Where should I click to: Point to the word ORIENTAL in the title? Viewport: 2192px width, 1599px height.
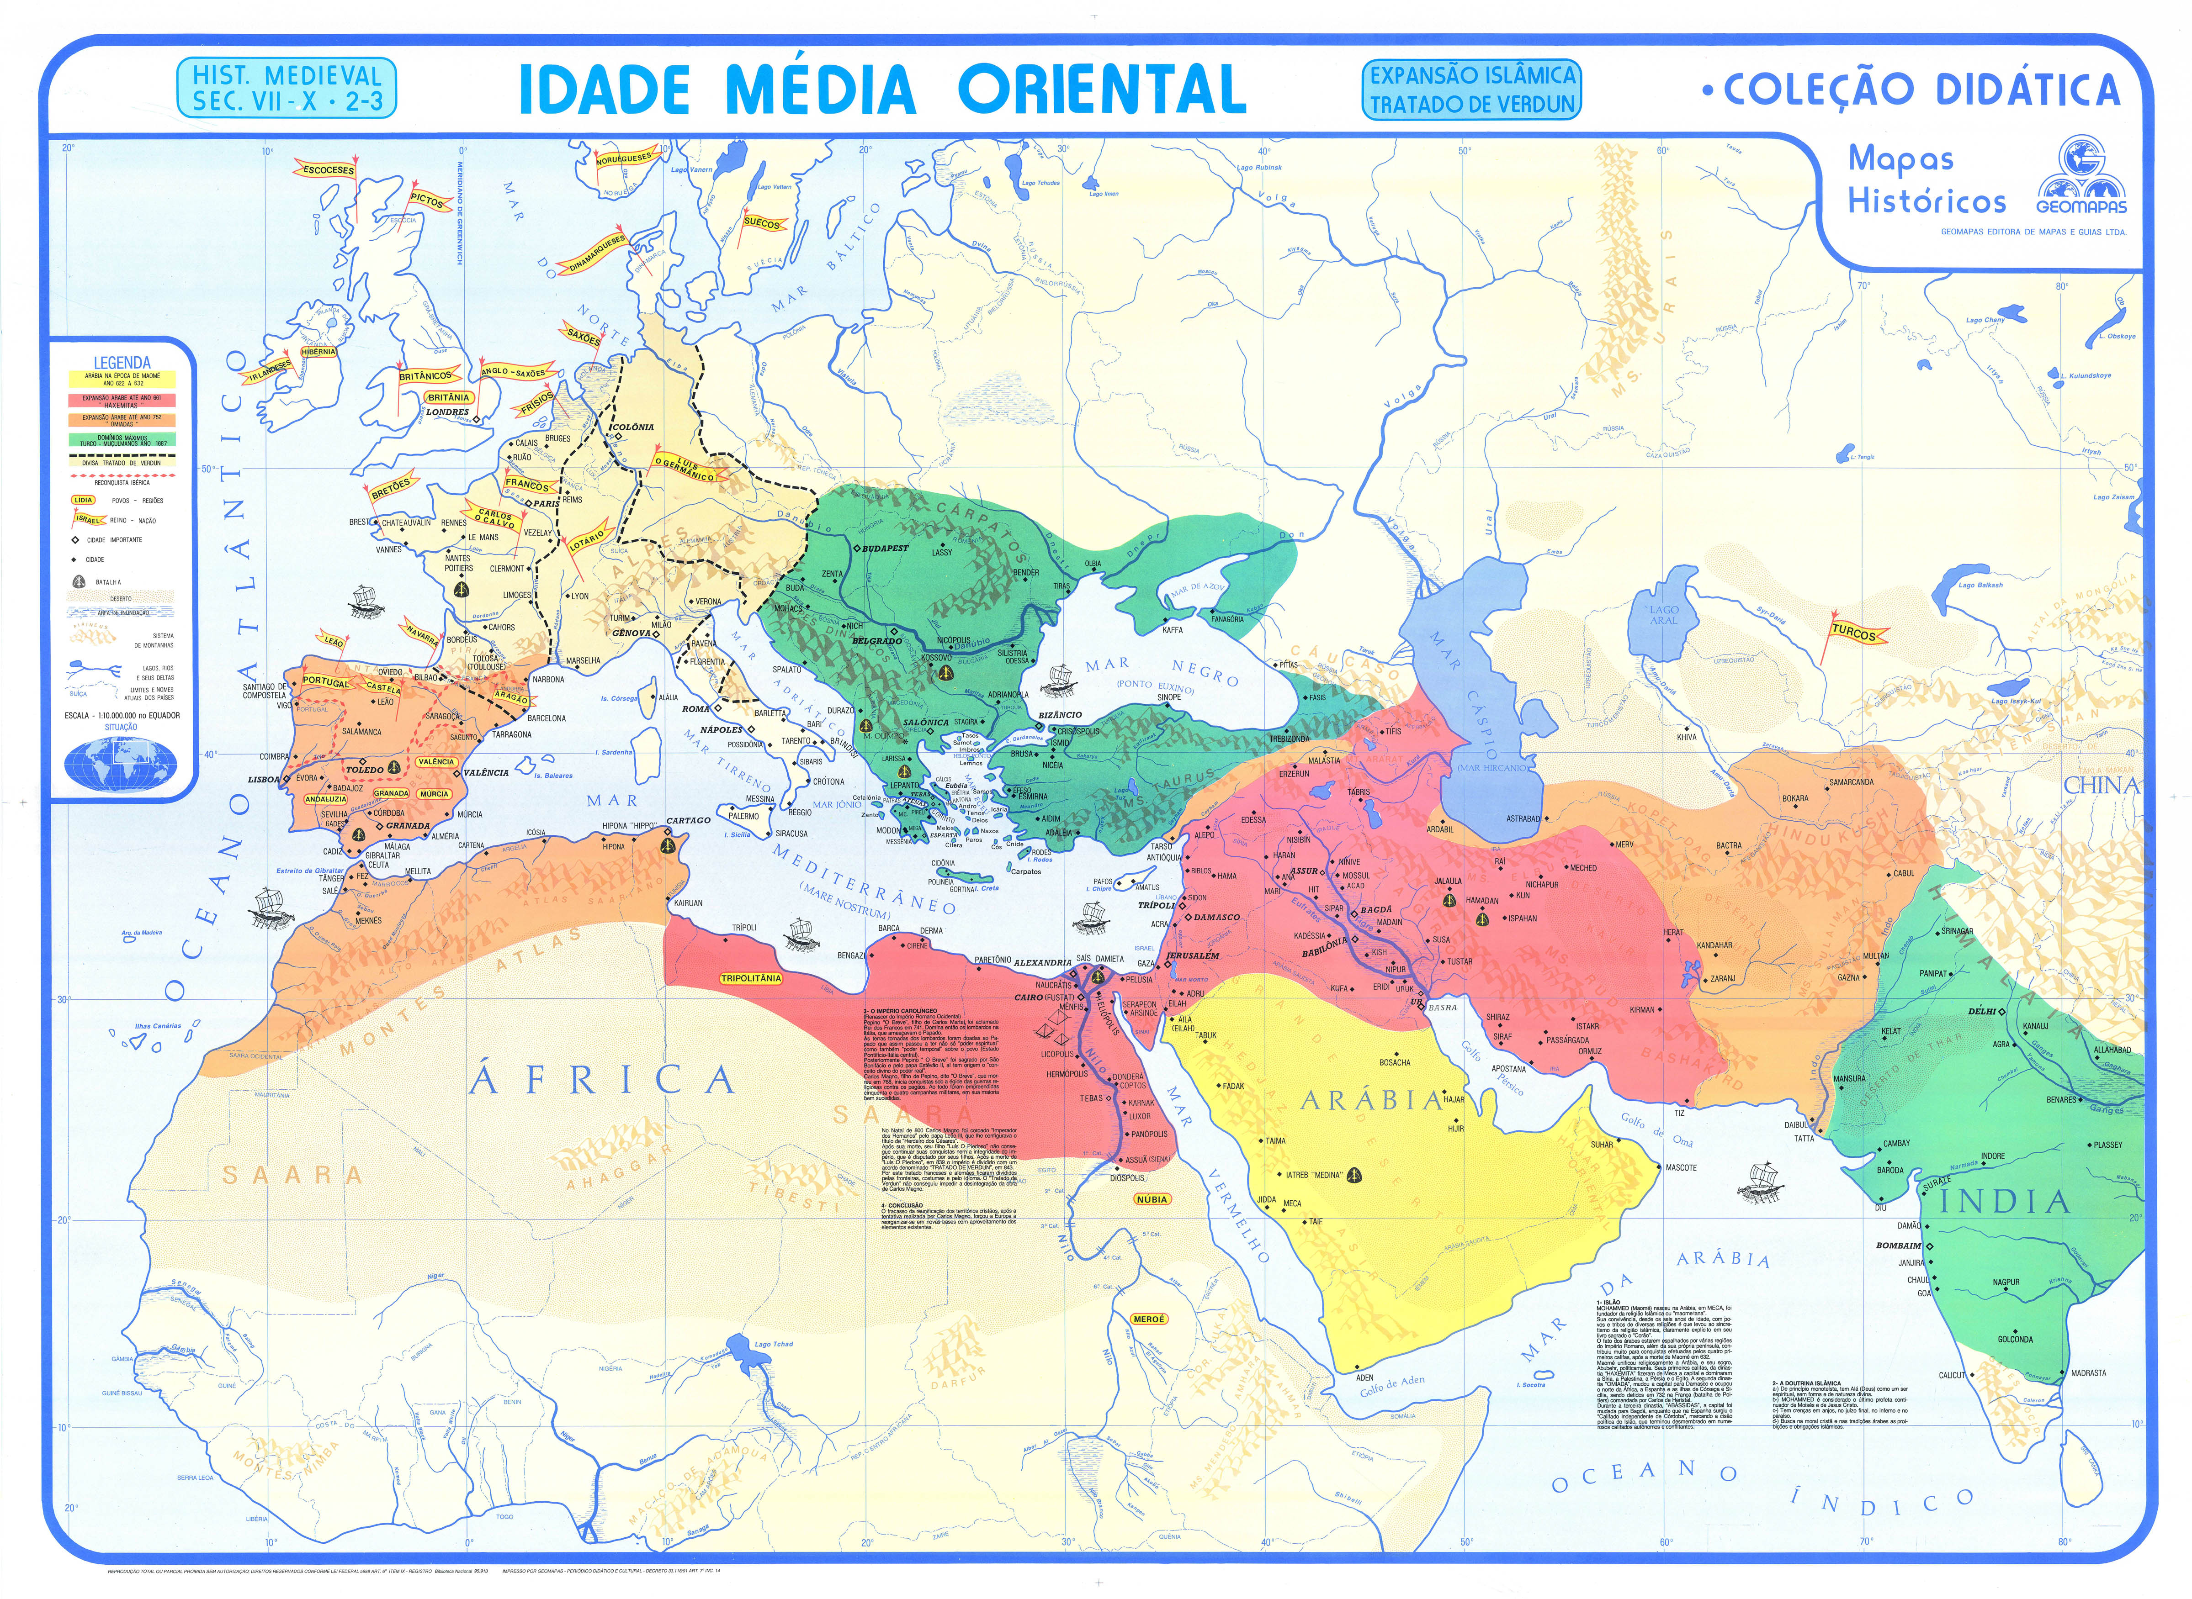pos(1102,90)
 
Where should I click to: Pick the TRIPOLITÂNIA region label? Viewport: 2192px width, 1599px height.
pos(750,979)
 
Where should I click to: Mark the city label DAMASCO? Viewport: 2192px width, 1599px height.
pos(1216,917)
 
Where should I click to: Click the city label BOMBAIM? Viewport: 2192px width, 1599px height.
pos(1898,1245)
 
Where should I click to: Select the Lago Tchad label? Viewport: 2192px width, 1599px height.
pos(774,1345)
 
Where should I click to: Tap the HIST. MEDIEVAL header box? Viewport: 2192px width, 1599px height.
pos(287,88)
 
